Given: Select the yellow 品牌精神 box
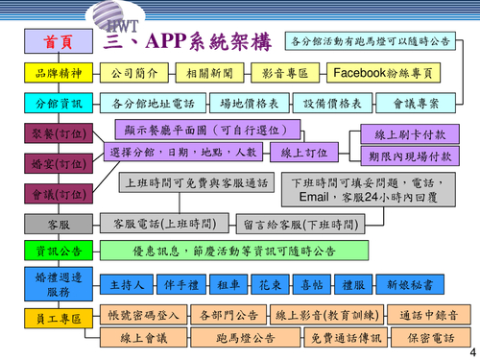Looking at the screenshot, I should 55,73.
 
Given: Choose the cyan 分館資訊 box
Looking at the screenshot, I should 55,104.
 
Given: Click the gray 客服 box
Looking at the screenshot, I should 55,225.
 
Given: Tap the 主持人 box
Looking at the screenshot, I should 127,285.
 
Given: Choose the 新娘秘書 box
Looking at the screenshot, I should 415,285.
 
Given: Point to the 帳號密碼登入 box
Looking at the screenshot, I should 141,314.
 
